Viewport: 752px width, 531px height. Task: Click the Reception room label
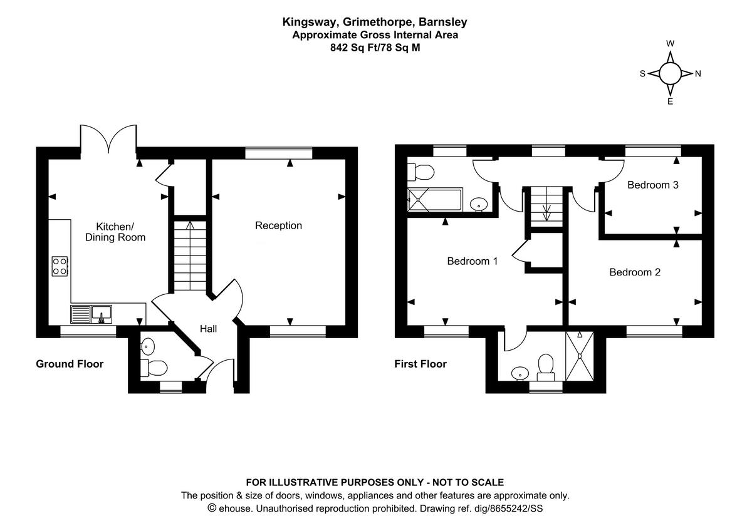point(278,225)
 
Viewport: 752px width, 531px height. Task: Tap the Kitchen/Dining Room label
point(115,232)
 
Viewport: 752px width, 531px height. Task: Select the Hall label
point(208,328)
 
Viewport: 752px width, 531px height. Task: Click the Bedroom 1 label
point(473,260)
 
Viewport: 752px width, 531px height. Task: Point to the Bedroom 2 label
point(635,272)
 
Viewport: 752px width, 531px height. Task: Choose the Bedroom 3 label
point(653,185)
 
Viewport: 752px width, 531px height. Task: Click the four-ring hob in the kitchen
point(60,266)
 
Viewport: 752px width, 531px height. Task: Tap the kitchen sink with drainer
point(91,313)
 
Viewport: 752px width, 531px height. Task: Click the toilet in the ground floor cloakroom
point(154,367)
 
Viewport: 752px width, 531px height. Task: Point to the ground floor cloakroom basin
point(148,344)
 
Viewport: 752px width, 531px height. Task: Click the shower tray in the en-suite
point(580,356)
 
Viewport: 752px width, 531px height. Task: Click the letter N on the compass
point(698,74)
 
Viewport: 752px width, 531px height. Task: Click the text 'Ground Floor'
point(70,364)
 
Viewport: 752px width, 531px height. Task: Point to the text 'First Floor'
point(420,364)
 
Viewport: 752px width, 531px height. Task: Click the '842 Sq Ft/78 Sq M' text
point(375,47)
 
